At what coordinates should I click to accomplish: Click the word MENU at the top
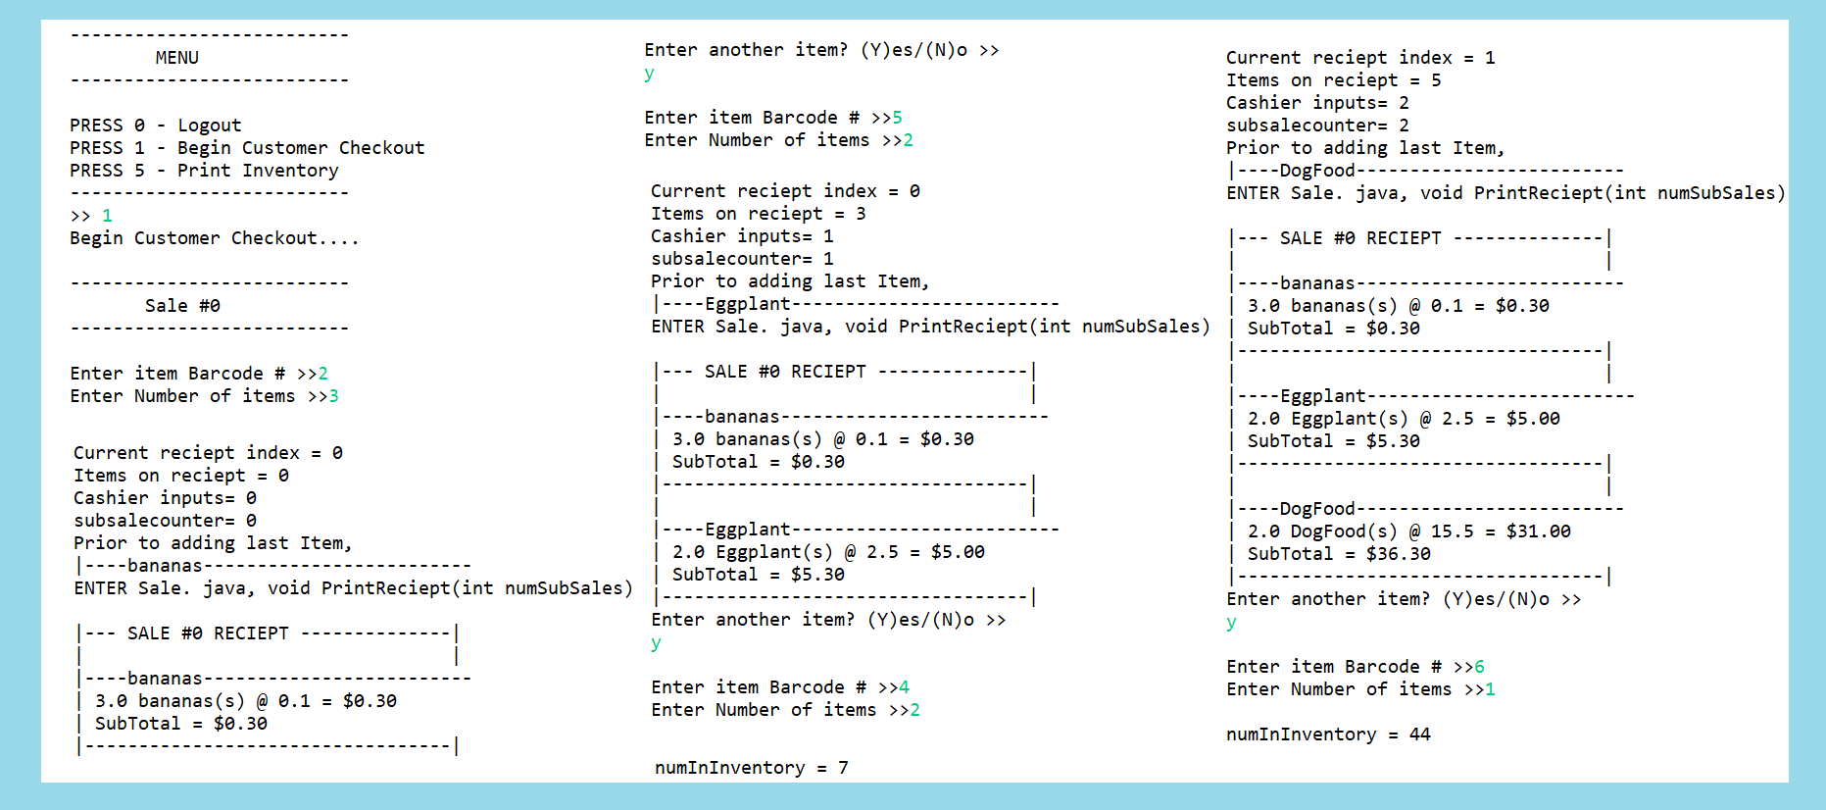(176, 58)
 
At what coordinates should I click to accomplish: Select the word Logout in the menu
(209, 126)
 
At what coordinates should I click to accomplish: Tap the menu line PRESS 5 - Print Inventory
(204, 171)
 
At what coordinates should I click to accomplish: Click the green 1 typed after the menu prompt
(107, 216)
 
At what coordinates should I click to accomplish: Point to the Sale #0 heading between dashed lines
(182, 306)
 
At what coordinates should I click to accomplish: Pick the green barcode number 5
(897, 118)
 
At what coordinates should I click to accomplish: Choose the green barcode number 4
(904, 687)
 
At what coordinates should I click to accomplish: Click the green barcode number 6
(1479, 667)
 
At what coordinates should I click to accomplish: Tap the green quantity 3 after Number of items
(333, 396)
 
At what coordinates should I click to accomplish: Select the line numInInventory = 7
(751, 768)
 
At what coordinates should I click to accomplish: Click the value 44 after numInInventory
(1419, 734)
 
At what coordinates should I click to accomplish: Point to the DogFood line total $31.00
(1538, 532)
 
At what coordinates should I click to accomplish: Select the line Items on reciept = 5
(1333, 80)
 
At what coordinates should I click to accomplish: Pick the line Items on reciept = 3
(758, 214)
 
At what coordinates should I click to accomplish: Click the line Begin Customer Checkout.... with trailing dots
(214, 238)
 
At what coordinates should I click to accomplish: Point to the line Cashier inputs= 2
(1317, 103)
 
